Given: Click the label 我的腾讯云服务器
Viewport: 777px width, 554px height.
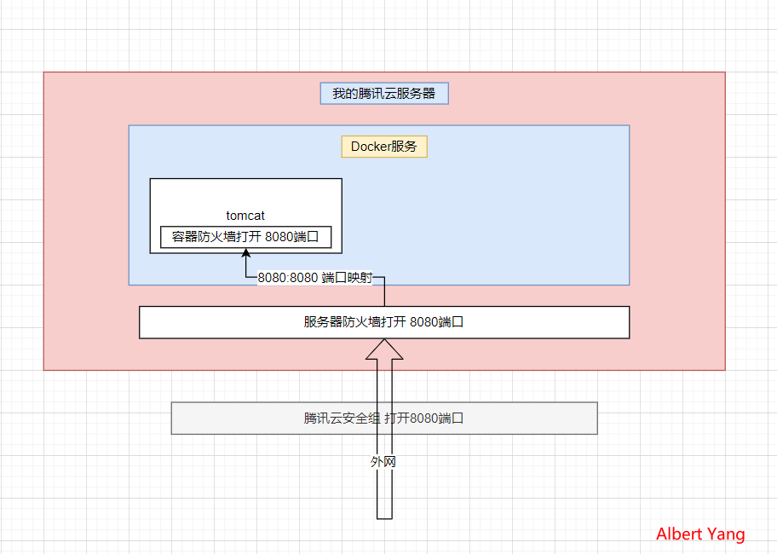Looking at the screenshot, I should click(383, 94).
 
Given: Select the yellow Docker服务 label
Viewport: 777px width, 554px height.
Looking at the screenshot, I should click(383, 147).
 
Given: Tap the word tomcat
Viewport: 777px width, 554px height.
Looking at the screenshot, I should click(245, 216).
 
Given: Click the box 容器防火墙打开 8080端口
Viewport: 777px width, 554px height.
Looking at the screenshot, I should click(245, 237).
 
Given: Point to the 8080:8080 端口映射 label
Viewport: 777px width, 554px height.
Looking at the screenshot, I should click(315, 278).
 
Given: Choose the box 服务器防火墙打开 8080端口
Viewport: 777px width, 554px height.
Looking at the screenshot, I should click(383, 322).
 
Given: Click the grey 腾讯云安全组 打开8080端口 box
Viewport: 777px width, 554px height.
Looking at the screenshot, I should click(383, 418).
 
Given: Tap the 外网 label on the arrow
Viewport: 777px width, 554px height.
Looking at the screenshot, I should click(383, 462).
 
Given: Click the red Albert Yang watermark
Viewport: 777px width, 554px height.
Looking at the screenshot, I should click(700, 534).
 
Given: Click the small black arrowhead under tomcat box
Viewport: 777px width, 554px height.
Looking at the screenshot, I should click(245, 256).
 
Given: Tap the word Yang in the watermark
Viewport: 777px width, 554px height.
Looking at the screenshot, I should click(725, 534).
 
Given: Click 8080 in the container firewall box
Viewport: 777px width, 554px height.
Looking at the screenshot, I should click(279, 237).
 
